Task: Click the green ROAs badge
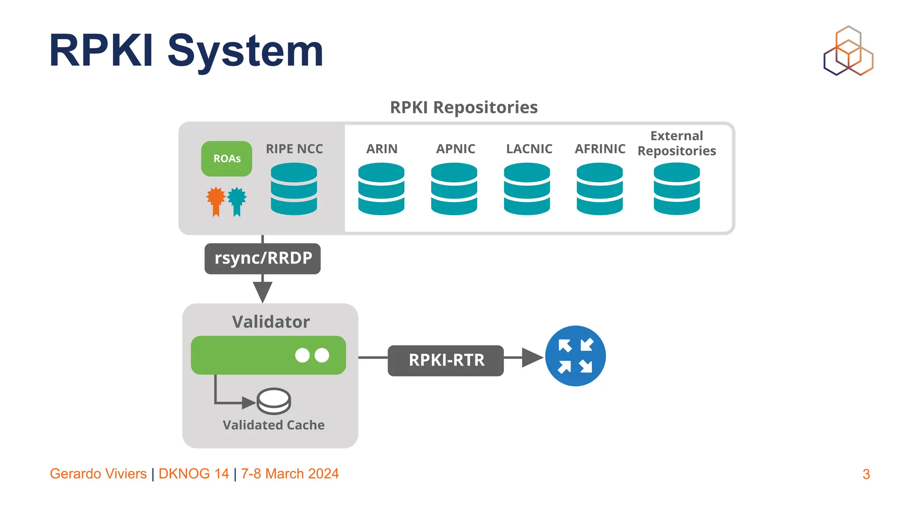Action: pyautogui.click(x=227, y=159)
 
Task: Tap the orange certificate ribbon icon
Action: pyautogui.click(x=216, y=201)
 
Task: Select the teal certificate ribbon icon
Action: pyautogui.click(x=237, y=201)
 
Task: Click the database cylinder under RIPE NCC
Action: pyautogui.click(x=294, y=189)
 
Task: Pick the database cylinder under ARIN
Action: pyautogui.click(x=381, y=189)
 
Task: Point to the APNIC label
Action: pyautogui.click(x=455, y=149)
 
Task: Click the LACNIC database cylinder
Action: pyautogui.click(x=527, y=189)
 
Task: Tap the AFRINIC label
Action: pyautogui.click(x=600, y=149)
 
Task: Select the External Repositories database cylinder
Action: pyautogui.click(x=676, y=189)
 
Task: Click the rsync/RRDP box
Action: pyautogui.click(x=263, y=258)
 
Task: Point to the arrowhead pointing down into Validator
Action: pyautogui.click(x=263, y=292)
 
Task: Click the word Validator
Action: pyautogui.click(x=271, y=322)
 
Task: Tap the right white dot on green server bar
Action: pyautogui.click(x=322, y=355)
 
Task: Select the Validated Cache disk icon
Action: pyautogui.click(x=273, y=401)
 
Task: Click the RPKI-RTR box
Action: pyautogui.click(x=446, y=360)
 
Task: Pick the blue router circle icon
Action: pyautogui.click(x=575, y=356)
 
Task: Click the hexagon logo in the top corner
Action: pyautogui.click(x=848, y=51)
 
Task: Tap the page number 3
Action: pyautogui.click(x=866, y=474)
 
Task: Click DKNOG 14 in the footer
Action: pyautogui.click(x=194, y=473)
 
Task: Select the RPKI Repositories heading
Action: pyautogui.click(x=464, y=107)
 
